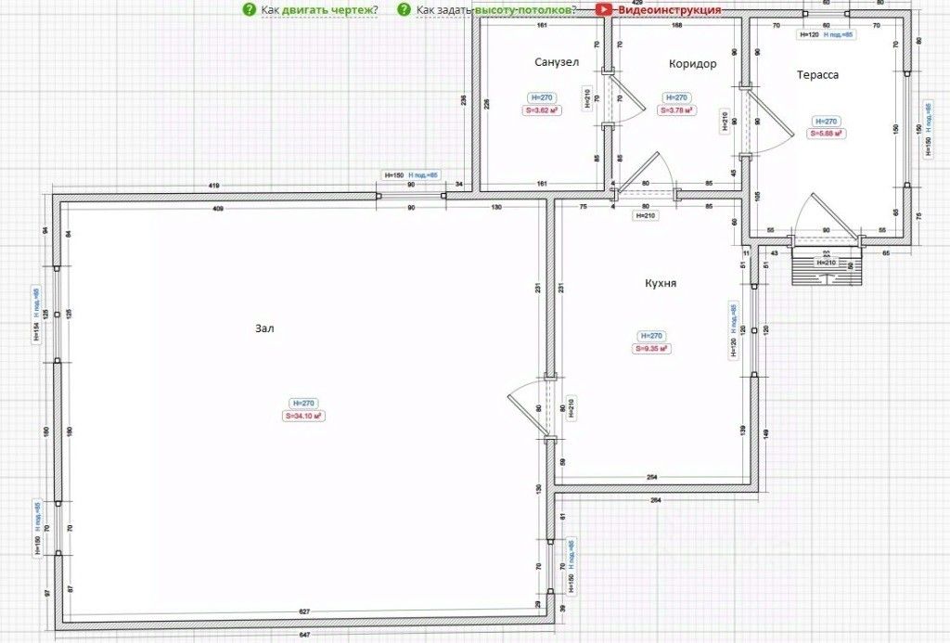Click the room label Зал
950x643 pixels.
(266, 328)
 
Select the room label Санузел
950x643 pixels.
(557, 63)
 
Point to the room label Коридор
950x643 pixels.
(692, 64)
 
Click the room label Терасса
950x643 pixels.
(816, 74)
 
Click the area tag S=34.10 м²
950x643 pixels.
(304, 417)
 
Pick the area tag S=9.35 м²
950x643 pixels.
(652, 349)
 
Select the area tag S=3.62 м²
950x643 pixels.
(542, 110)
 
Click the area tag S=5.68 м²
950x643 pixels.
(826, 134)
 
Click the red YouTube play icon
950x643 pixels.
(604, 9)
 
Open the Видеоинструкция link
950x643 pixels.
(669, 9)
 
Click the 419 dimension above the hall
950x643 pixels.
(214, 186)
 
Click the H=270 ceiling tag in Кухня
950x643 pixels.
(652, 336)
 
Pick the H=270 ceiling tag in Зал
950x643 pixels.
(304, 404)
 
